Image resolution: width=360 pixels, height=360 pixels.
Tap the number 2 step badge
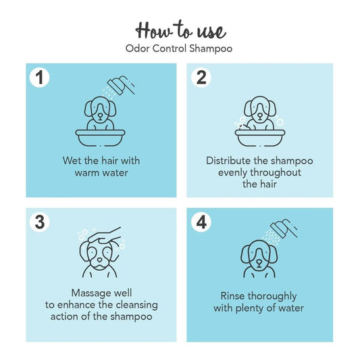point(201,78)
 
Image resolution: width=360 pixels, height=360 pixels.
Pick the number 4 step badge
point(201,222)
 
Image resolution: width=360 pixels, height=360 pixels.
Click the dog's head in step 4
point(259,255)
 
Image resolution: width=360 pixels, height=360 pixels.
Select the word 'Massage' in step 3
point(86,294)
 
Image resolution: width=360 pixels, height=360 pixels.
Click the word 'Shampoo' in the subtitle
point(211,49)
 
